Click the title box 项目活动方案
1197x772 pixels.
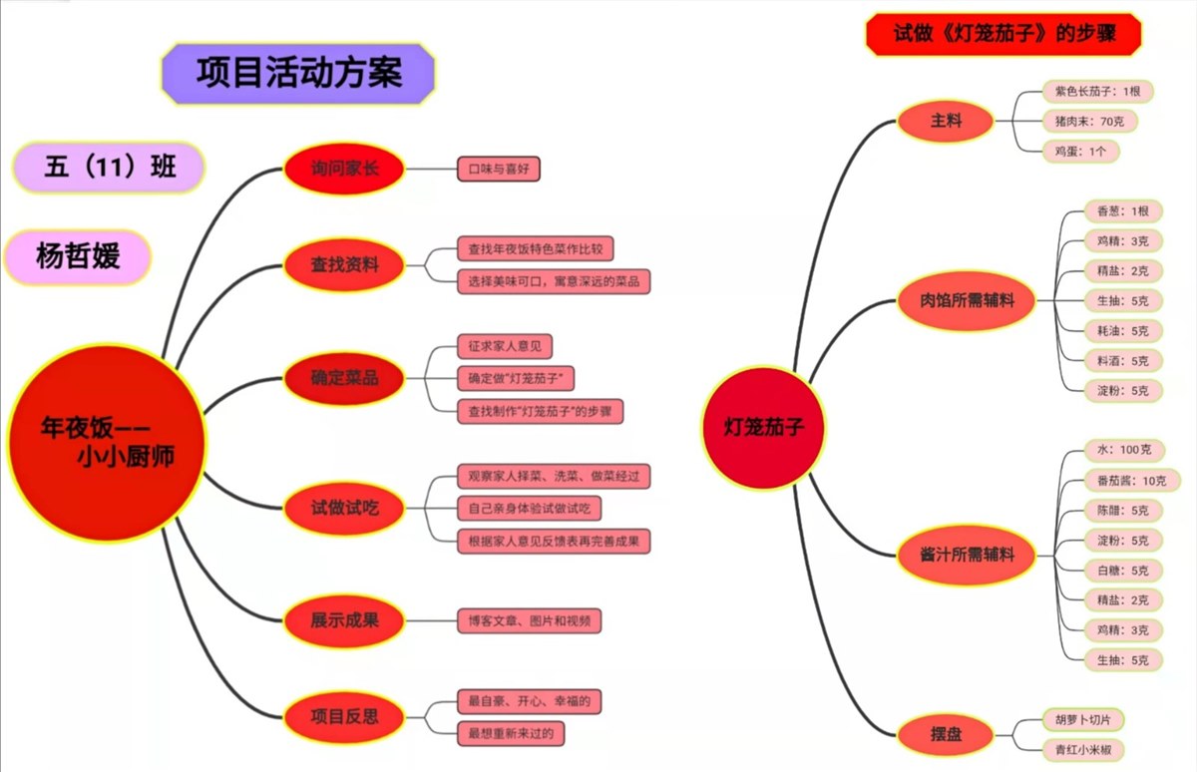(x=298, y=73)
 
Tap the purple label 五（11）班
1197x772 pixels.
(x=110, y=167)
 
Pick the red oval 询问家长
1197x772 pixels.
(x=344, y=169)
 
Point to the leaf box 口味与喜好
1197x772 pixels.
(x=498, y=169)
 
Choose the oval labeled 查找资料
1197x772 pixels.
(x=344, y=264)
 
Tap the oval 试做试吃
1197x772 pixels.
(x=344, y=508)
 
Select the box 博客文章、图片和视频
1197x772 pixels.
(x=529, y=620)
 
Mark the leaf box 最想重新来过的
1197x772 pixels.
(x=510, y=733)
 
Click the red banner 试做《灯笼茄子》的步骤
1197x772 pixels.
(x=1003, y=34)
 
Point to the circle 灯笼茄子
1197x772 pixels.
(x=763, y=428)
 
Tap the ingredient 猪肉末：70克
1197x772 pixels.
(x=1089, y=122)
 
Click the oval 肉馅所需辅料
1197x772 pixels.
(x=967, y=299)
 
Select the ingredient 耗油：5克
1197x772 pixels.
(x=1122, y=331)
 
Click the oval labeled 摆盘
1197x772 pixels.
(x=946, y=735)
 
